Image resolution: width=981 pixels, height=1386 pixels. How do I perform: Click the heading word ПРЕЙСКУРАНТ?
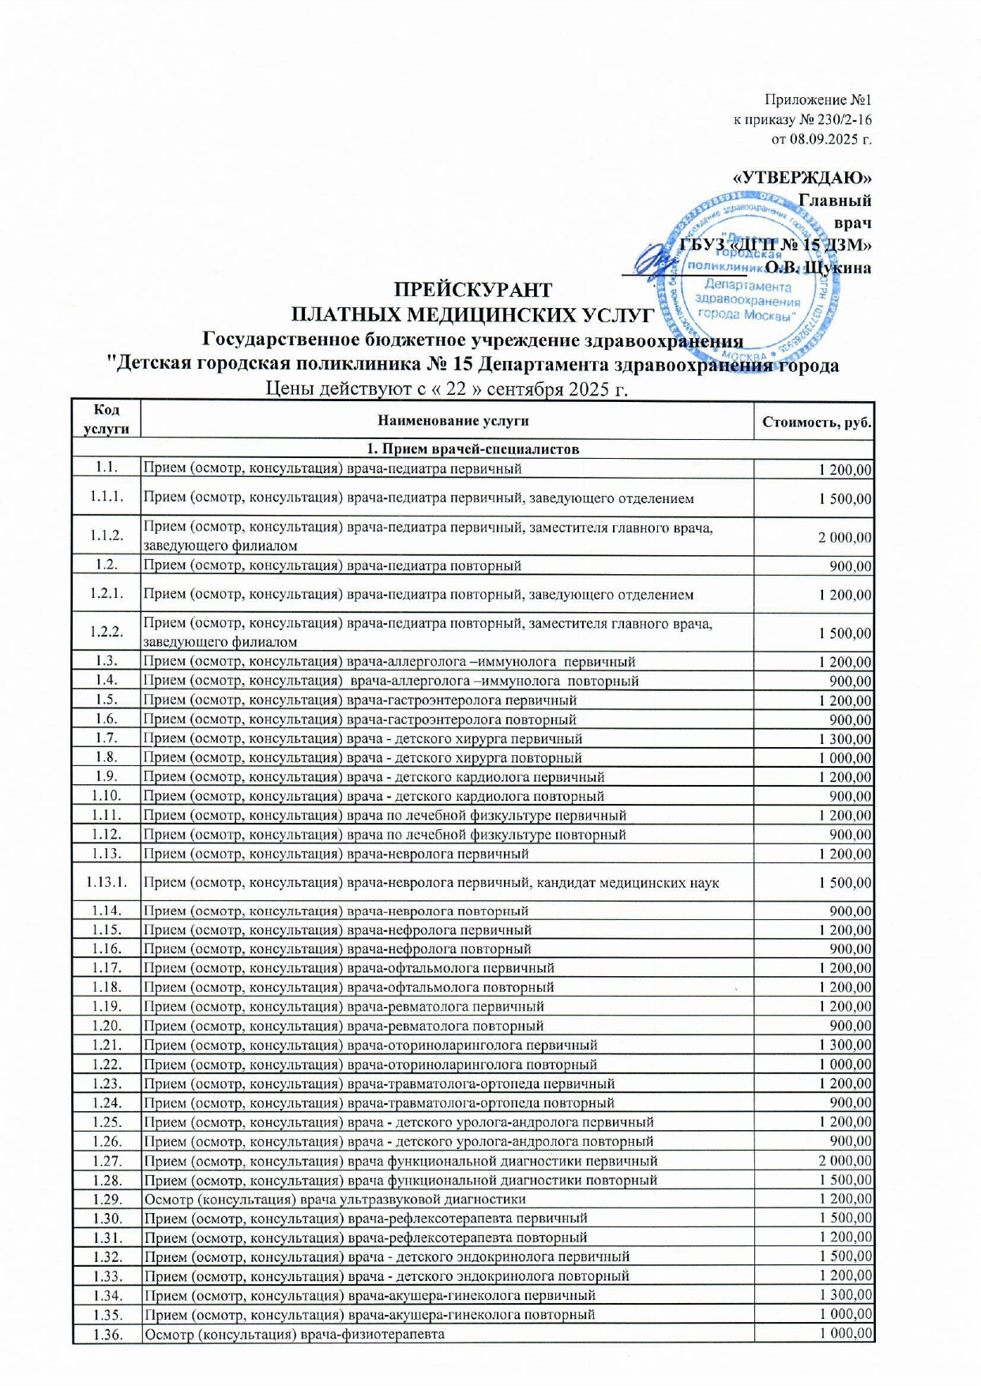[x=473, y=290]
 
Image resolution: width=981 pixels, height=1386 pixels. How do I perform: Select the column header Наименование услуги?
[x=453, y=421]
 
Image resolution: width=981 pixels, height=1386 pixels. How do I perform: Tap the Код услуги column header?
[x=106, y=419]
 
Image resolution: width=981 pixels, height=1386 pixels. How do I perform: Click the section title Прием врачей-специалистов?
[x=472, y=449]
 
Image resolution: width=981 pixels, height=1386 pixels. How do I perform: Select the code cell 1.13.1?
[x=106, y=882]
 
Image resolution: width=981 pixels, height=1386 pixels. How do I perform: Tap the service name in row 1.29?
[x=334, y=1200]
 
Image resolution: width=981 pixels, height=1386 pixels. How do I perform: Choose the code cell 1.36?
[x=106, y=1334]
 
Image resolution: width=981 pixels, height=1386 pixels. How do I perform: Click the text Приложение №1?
[x=817, y=100]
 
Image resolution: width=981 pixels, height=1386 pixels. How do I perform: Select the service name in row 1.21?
[x=370, y=1046]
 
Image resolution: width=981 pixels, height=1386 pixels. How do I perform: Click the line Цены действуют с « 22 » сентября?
[x=446, y=389]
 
